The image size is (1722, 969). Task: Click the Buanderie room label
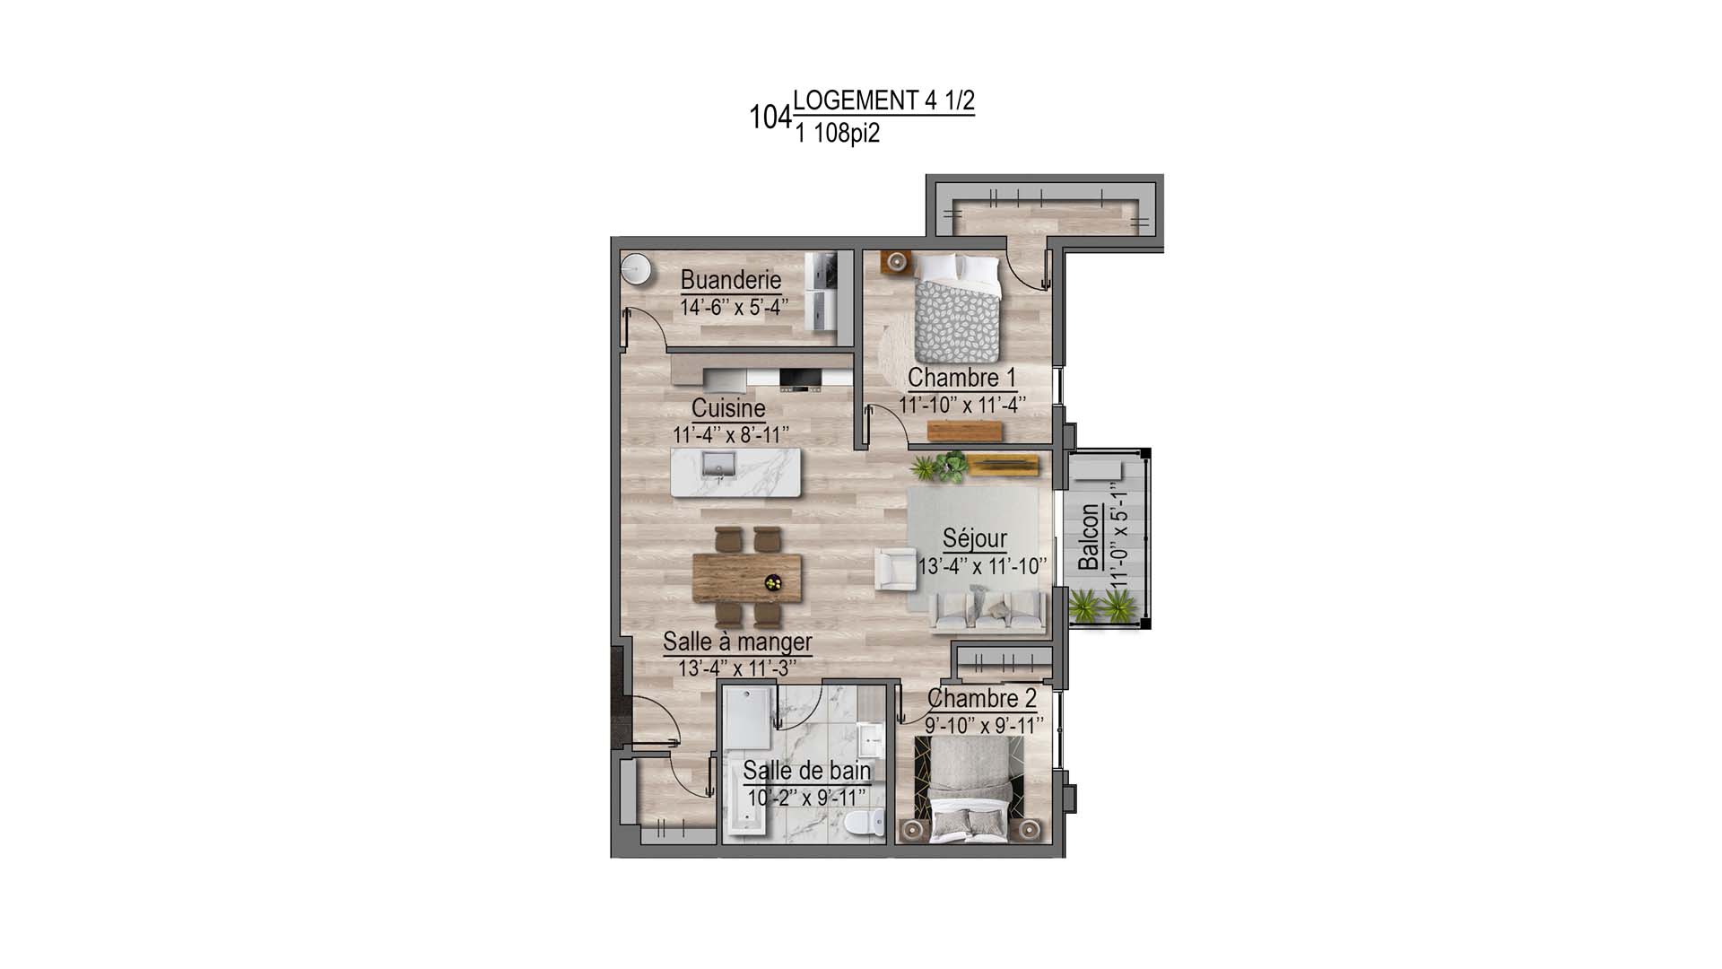point(731,280)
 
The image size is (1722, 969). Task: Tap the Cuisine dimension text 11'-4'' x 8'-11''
point(731,435)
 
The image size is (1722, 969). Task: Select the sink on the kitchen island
point(718,464)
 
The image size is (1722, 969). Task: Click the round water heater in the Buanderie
point(637,266)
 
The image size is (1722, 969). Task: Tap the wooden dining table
point(747,576)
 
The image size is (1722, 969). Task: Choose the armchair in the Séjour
point(894,569)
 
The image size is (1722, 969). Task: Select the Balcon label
point(1089,537)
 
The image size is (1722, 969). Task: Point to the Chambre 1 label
point(961,378)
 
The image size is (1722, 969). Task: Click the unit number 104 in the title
point(770,118)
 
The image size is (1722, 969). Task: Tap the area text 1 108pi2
point(837,135)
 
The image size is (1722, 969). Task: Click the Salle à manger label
point(737,642)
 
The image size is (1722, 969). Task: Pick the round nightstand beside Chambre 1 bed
point(896,262)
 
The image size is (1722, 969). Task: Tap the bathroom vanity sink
point(870,741)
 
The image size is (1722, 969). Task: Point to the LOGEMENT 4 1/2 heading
point(883,100)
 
